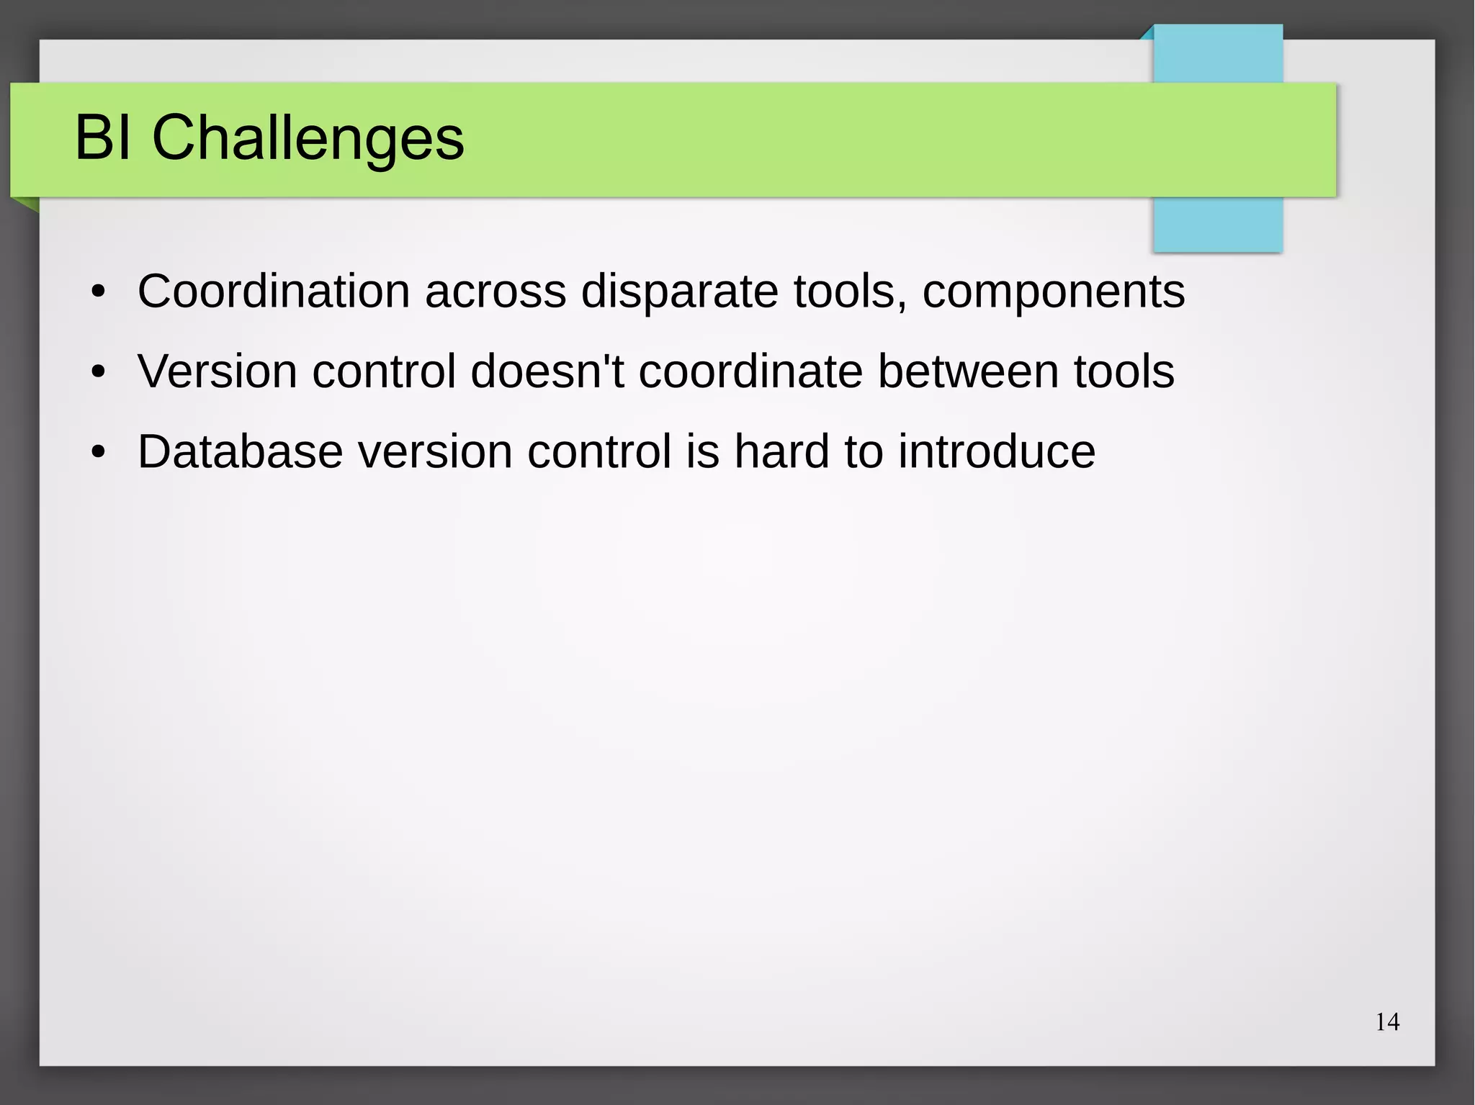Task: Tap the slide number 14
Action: (1387, 1022)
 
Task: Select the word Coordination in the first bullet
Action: (274, 292)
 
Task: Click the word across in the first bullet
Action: (496, 292)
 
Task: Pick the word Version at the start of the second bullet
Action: (217, 371)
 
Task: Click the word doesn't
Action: (547, 371)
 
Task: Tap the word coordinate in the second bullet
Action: (750, 371)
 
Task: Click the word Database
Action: (240, 452)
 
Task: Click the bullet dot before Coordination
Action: (99, 293)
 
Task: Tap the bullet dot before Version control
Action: (99, 373)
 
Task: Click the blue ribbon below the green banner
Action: (1217, 225)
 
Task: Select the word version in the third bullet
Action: (435, 452)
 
